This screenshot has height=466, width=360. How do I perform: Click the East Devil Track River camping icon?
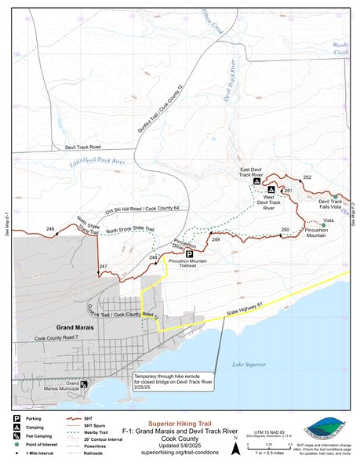pyautogui.click(x=256, y=181)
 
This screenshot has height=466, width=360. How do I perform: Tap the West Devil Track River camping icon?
pyautogui.click(x=271, y=190)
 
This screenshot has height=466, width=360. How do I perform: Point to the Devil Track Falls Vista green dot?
pyautogui.click(x=335, y=196)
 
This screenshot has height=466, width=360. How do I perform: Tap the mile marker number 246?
pyautogui.click(x=50, y=229)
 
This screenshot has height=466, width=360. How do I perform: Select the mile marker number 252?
pyautogui.click(x=307, y=178)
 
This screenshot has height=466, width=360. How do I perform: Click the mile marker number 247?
pyautogui.click(x=103, y=268)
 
